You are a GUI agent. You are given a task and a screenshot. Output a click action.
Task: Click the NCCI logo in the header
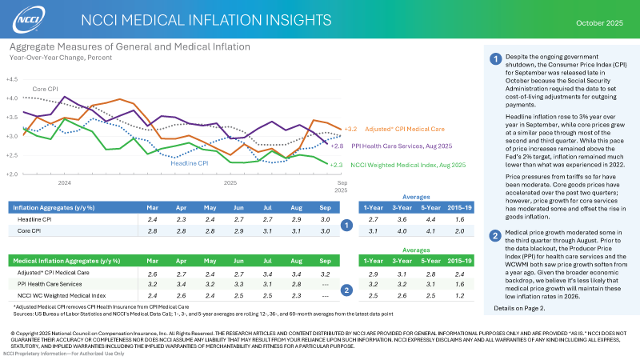pyautogui.click(x=27, y=18)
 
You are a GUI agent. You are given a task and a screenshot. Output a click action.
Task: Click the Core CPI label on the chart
pyautogui.click(x=44, y=88)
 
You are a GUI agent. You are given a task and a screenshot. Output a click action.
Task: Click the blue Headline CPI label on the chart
pyautogui.click(x=190, y=163)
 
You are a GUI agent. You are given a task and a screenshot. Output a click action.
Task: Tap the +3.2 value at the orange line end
pyautogui.click(x=350, y=129)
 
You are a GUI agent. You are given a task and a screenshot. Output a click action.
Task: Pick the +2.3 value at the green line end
pyautogui.click(x=337, y=165)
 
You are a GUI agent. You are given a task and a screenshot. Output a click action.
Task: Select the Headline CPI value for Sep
pyautogui.click(x=324, y=219)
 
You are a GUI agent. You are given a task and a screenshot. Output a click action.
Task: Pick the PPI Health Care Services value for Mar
pyautogui.click(x=153, y=285)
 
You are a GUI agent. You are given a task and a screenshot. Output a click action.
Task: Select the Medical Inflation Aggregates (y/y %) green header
pyautogui.click(x=55, y=260)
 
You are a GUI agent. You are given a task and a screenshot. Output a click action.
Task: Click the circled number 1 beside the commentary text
pyautogui.click(x=496, y=58)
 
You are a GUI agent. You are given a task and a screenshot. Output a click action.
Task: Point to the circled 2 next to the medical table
pyautogui.click(x=344, y=290)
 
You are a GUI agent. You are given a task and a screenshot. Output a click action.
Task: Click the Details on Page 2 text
pyautogui.click(x=520, y=308)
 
